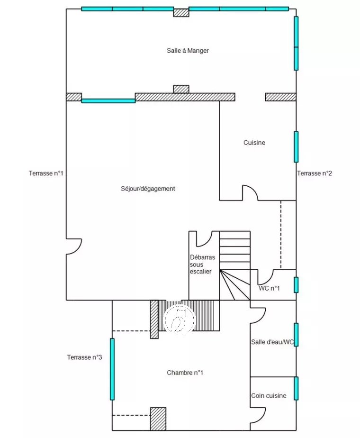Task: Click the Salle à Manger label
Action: tap(188, 51)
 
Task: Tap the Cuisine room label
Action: tap(254, 143)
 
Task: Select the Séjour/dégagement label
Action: tap(148, 189)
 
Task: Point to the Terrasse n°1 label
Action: tap(45, 173)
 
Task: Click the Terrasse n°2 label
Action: tap(315, 173)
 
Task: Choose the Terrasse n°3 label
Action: tap(85, 357)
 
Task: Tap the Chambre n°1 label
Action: tap(185, 373)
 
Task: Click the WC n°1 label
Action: tap(270, 288)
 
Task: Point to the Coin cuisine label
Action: tap(269, 395)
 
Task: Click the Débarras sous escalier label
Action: tap(202, 264)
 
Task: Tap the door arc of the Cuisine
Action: tap(250, 193)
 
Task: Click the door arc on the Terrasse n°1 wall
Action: tap(74, 246)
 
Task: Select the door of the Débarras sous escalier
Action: tap(203, 239)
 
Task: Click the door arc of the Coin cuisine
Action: tap(257, 415)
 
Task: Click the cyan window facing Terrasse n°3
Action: tap(112, 369)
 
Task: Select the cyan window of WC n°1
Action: tap(296, 285)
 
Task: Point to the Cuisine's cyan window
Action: tap(296, 147)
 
